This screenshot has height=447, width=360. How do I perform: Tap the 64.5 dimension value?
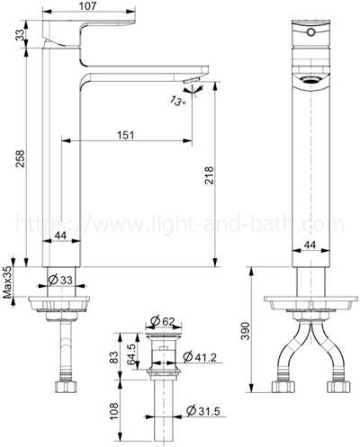pyautogui.click(x=133, y=352)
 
